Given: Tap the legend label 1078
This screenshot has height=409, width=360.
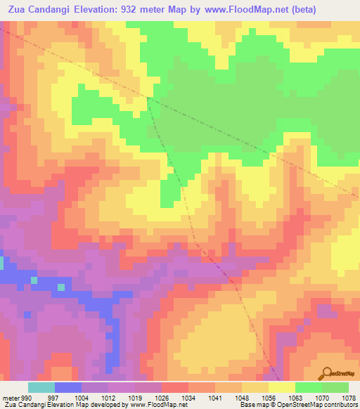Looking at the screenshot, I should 348,396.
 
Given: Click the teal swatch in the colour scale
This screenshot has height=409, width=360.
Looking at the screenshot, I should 41,387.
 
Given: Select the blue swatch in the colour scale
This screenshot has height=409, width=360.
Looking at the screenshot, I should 67,387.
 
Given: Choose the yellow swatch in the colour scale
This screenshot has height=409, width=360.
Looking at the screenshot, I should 281,387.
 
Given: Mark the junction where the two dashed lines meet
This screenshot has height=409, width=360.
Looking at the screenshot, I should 147,98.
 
